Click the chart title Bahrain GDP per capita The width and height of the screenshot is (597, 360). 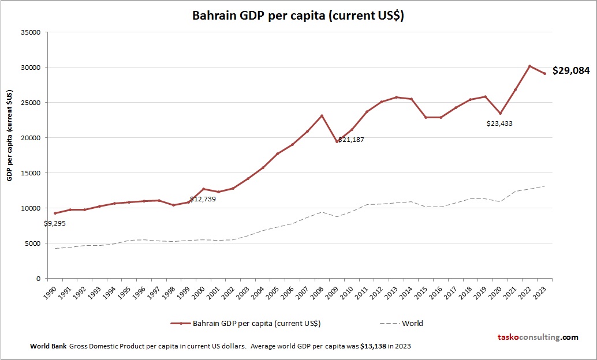(298, 16)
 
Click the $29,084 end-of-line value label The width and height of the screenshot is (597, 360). (571, 71)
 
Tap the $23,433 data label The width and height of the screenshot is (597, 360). (499, 123)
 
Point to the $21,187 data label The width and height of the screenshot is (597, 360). (351, 140)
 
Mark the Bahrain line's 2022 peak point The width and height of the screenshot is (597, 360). (529, 66)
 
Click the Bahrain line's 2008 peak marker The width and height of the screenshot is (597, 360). (322, 116)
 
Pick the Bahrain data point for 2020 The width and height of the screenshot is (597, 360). (500, 113)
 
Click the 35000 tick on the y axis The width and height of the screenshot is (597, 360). (29, 32)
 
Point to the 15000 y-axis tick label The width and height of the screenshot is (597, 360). (29, 173)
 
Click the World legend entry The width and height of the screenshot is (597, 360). (412, 324)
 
